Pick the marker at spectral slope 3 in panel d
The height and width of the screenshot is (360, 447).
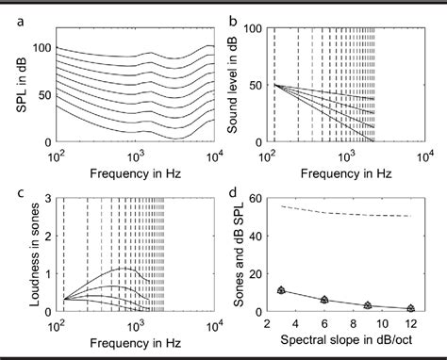click(x=280, y=291)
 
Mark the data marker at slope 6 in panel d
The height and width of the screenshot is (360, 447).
click(x=324, y=300)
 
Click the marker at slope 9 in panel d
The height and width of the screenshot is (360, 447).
click(x=368, y=305)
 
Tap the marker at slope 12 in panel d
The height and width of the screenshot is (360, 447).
click(x=411, y=308)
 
